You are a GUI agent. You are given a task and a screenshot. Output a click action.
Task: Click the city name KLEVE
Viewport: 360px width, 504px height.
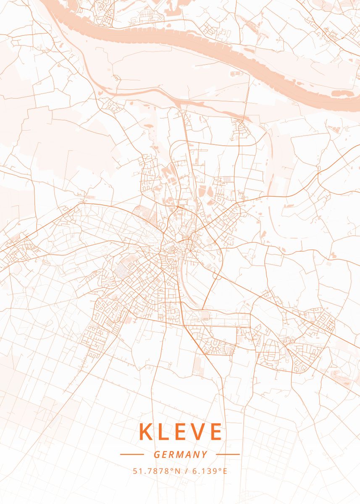[180, 432]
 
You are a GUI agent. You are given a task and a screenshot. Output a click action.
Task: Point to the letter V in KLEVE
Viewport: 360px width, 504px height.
[197, 432]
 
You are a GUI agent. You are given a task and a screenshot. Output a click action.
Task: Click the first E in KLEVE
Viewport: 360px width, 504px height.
[180, 432]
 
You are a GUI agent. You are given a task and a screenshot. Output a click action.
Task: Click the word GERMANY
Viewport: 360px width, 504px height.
[180, 454]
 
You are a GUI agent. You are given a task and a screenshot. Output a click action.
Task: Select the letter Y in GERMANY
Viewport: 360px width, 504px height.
[205, 454]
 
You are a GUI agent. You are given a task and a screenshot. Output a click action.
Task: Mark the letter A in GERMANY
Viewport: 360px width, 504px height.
[189, 454]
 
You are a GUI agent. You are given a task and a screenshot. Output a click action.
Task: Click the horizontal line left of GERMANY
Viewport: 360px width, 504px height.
[132, 454]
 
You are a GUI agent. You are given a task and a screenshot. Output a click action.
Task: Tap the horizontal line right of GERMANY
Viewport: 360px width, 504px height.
[227, 454]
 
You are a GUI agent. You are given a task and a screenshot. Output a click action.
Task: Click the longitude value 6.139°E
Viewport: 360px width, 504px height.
[210, 471]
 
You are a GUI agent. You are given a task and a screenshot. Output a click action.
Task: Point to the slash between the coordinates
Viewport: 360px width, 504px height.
[186, 471]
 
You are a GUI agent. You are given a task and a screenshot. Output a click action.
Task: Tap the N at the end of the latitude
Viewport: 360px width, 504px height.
[177, 471]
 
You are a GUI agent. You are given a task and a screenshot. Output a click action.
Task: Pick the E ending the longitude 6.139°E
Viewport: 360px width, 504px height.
[225, 471]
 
